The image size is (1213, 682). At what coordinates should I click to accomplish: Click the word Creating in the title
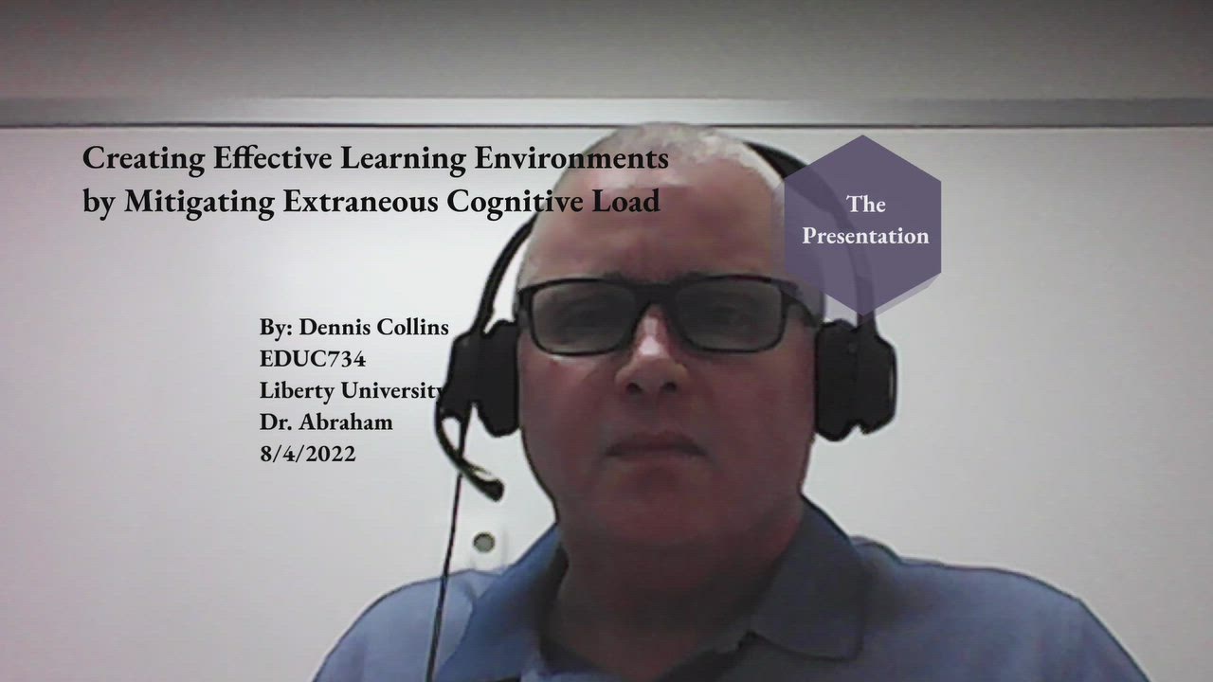130,158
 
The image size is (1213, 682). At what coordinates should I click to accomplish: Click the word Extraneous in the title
360,202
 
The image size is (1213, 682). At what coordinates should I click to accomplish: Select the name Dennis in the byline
335,328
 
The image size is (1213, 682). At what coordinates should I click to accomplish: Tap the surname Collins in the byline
413,328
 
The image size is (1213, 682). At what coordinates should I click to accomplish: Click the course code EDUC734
313,359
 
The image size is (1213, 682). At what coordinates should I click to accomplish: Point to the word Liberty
297,390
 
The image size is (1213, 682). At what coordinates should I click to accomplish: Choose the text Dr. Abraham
326,422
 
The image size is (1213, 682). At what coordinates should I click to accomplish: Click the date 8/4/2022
308,453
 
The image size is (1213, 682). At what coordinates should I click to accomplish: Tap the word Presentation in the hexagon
865,236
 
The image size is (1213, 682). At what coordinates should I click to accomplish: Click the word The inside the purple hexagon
865,204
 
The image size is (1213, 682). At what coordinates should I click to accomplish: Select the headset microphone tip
490,489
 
